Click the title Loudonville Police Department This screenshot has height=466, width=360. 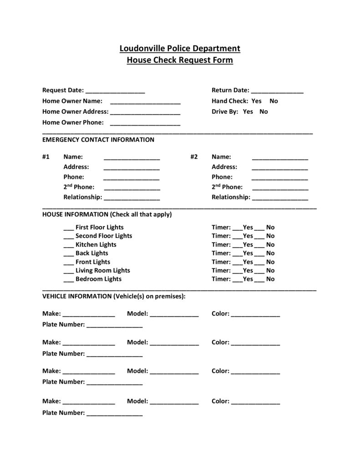(x=180, y=48)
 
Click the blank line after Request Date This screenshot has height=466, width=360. (x=115, y=91)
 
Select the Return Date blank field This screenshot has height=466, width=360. (x=277, y=91)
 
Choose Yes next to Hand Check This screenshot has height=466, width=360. (x=256, y=101)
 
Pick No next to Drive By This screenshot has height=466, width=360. (x=264, y=111)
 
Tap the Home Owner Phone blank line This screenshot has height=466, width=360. (x=145, y=123)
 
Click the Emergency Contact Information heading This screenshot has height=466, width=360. (x=98, y=140)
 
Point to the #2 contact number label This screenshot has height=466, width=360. (x=194, y=157)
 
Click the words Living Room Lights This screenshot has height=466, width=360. (x=102, y=270)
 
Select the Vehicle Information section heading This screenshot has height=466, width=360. (x=114, y=296)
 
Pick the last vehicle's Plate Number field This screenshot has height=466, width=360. (x=114, y=414)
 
